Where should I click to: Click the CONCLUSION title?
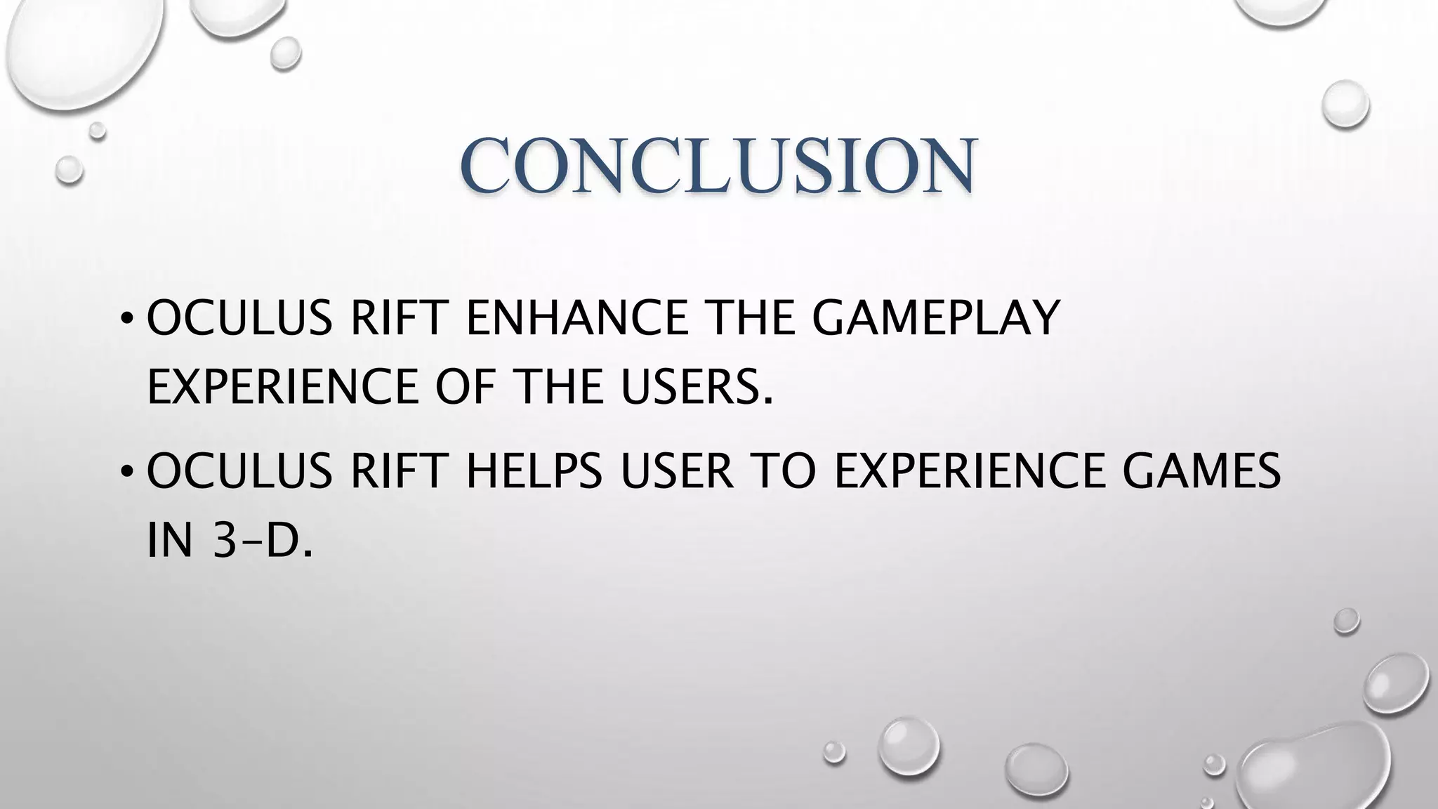click(718, 165)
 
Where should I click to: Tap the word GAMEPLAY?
click(935, 318)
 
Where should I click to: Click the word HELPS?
click(534, 471)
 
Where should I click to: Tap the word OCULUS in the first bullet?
click(239, 318)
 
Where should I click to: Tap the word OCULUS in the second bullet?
click(239, 471)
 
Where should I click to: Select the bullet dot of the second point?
click(126, 473)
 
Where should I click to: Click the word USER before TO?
click(677, 471)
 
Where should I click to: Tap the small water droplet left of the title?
click(69, 169)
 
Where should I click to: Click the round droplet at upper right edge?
click(1345, 104)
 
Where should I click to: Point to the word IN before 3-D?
click(169, 541)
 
